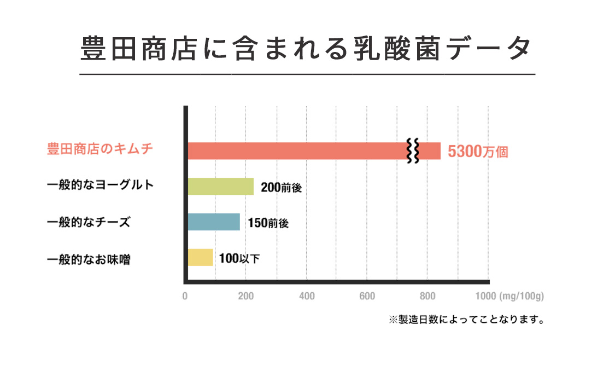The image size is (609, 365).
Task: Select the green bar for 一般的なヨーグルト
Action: pyautogui.click(x=221, y=187)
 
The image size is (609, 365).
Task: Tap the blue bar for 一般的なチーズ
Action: pyautogui.click(x=214, y=222)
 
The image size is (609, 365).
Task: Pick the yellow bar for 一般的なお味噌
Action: pyautogui.click(x=200, y=257)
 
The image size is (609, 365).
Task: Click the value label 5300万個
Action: pyautogui.click(x=478, y=152)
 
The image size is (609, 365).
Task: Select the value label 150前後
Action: pyautogui.click(x=267, y=223)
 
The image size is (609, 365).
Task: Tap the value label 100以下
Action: pyautogui.click(x=239, y=258)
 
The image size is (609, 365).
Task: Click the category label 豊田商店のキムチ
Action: pyautogui.click(x=99, y=149)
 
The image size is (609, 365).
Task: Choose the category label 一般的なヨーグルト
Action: pyautogui.click(x=101, y=185)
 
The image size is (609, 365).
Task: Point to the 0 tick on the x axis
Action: pyautogui.click(x=185, y=297)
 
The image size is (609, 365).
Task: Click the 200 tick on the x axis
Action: pyautogui.click(x=246, y=297)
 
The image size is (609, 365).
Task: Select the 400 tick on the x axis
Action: pyautogui.click(x=307, y=297)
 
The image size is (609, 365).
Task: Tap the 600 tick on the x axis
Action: pyautogui.click(x=367, y=297)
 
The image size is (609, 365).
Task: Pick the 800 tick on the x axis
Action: pyautogui.click(x=428, y=297)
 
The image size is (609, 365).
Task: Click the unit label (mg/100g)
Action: pyautogui.click(x=522, y=297)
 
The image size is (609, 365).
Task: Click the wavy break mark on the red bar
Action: pyautogui.click(x=413, y=151)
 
